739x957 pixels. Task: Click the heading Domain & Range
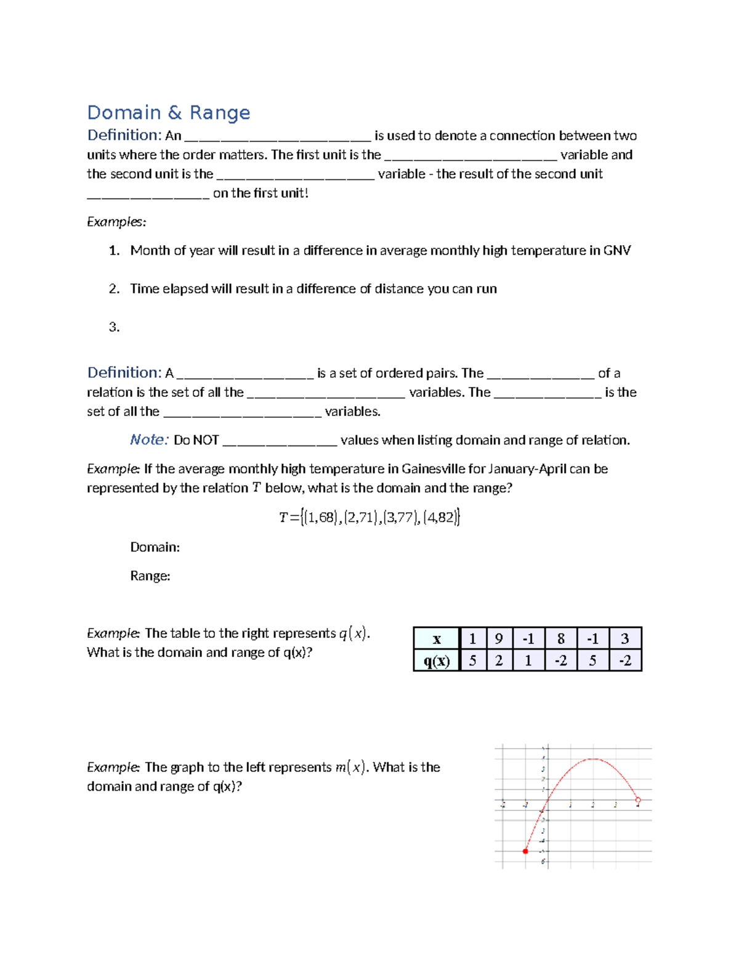(x=168, y=113)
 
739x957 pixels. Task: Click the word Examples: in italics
(x=116, y=222)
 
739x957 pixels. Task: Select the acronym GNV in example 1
(x=617, y=250)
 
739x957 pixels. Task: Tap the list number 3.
(x=114, y=327)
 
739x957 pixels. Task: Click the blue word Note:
(x=149, y=440)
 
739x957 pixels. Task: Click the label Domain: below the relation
(x=155, y=547)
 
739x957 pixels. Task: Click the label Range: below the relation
(x=150, y=576)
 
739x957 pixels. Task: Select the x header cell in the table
(x=437, y=638)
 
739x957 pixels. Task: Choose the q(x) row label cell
(x=437, y=661)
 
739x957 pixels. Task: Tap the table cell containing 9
(x=499, y=638)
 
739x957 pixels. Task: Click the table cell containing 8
(x=560, y=638)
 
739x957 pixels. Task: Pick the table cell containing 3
(x=624, y=638)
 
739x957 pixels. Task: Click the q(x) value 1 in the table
(x=528, y=661)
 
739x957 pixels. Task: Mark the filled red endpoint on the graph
(x=525, y=851)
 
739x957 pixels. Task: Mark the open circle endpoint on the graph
(x=638, y=800)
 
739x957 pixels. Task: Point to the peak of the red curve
(x=592, y=759)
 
